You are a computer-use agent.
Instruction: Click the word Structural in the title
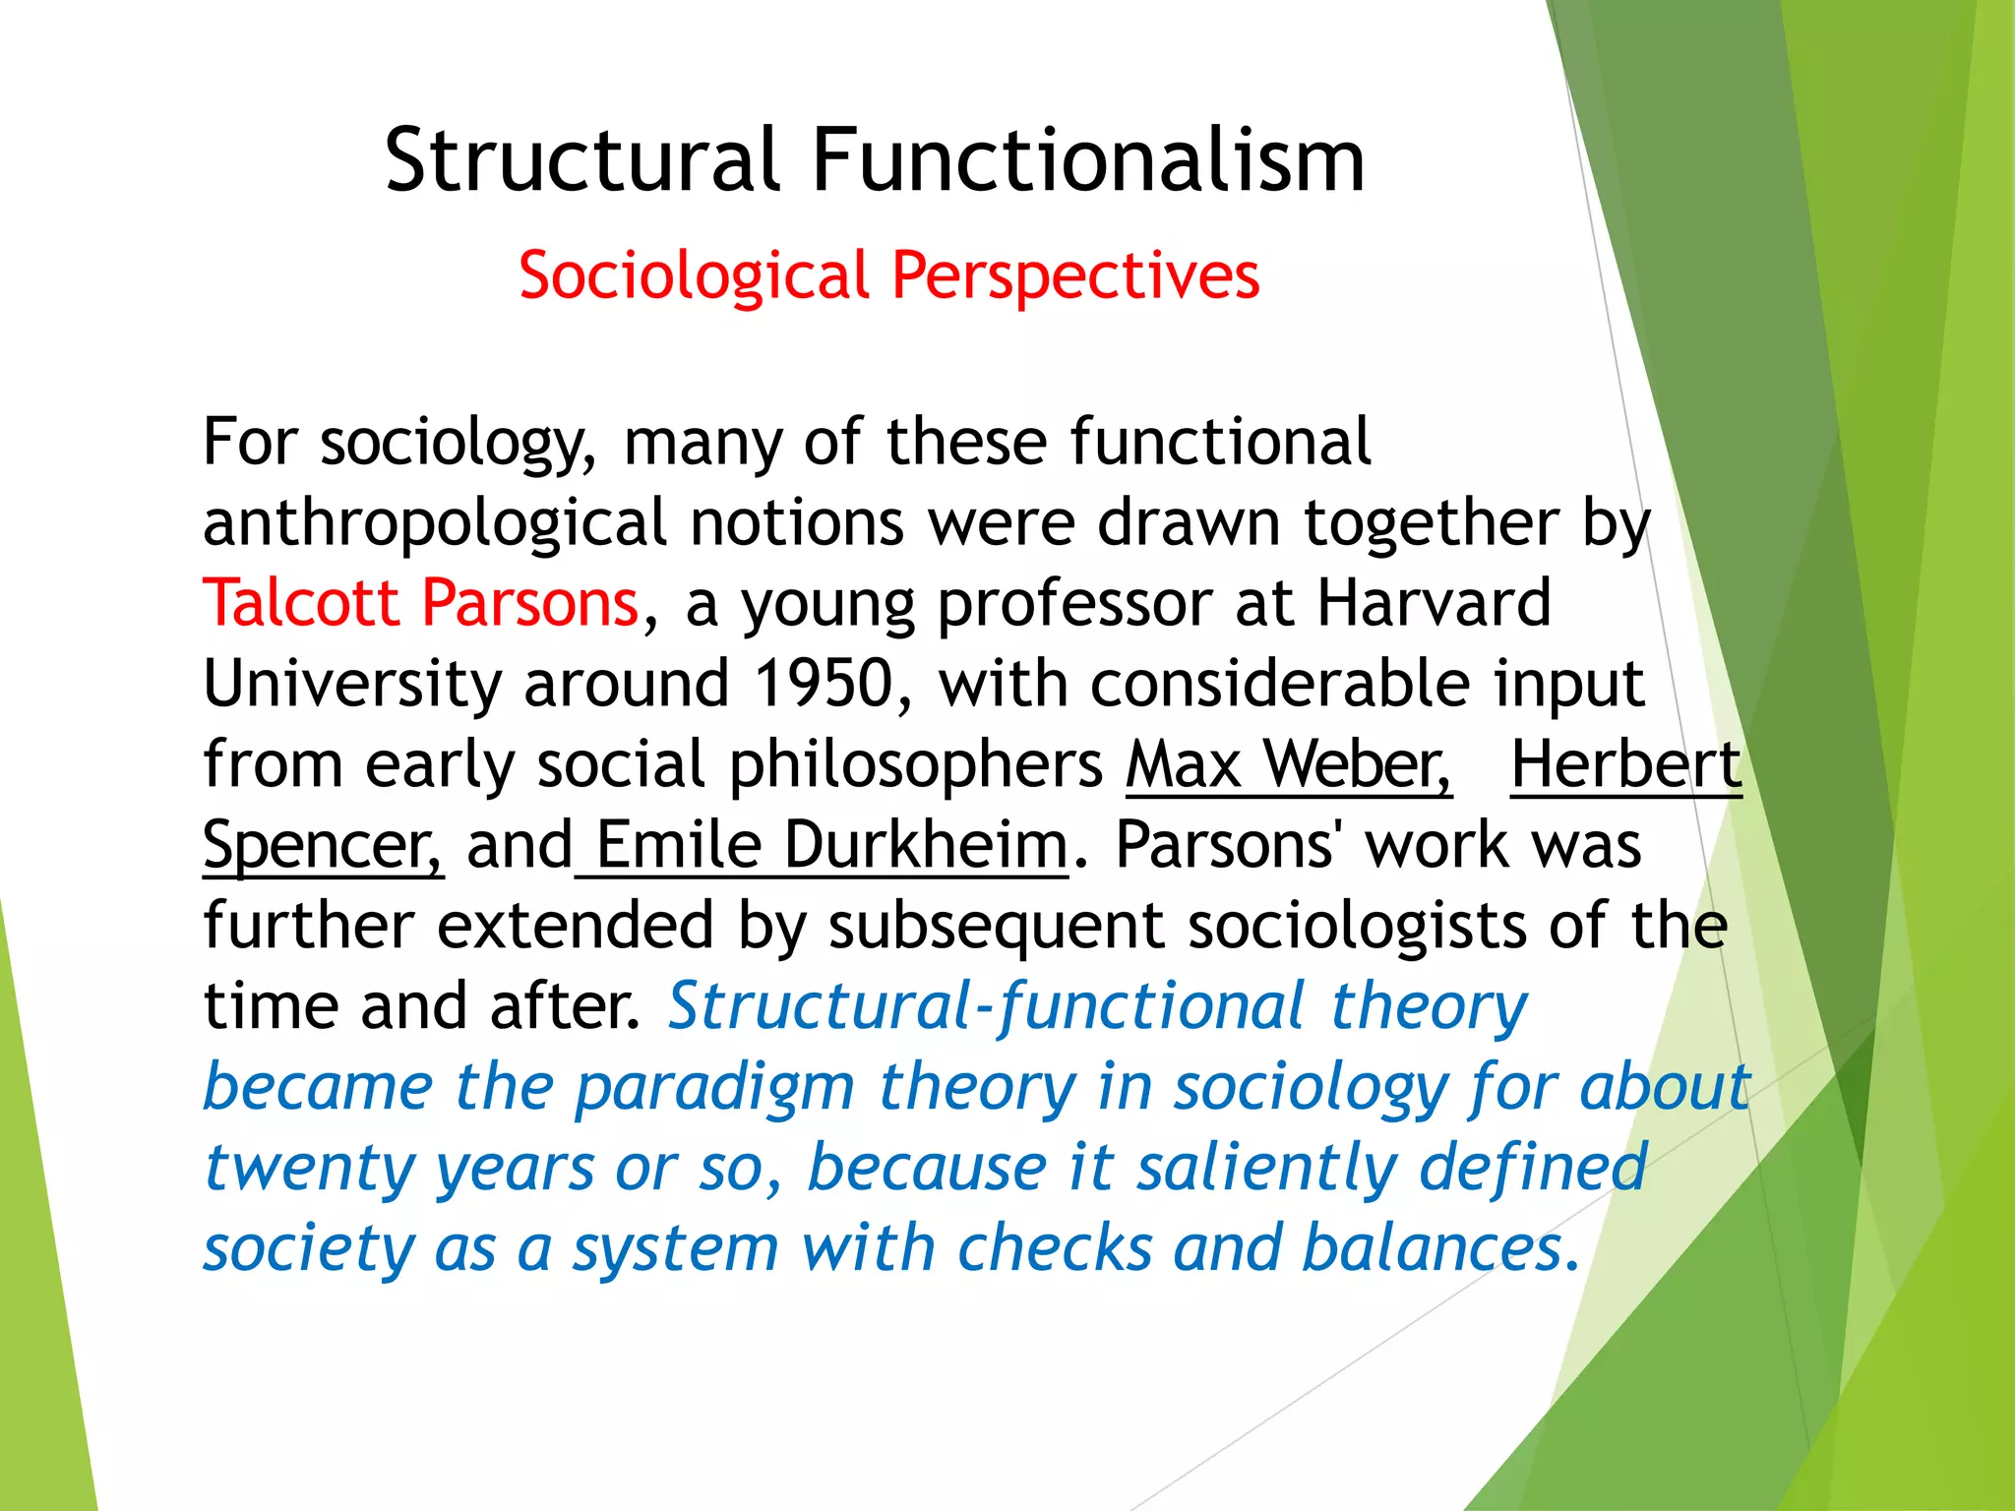pyautogui.click(x=582, y=160)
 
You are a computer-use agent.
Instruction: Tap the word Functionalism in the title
pyautogui.click(x=1088, y=160)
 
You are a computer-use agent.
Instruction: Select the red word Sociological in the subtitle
pyautogui.click(x=695, y=275)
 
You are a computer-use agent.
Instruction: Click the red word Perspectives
pyautogui.click(x=1075, y=275)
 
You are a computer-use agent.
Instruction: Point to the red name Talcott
pyautogui.click(x=300, y=602)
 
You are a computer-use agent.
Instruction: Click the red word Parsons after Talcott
pyautogui.click(x=531, y=602)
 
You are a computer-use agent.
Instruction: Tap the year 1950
pyautogui.click(x=824, y=683)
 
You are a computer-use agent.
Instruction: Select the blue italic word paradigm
pyautogui.click(x=714, y=1088)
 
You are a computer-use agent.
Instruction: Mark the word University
pyautogui.click(x=352, y=683)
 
